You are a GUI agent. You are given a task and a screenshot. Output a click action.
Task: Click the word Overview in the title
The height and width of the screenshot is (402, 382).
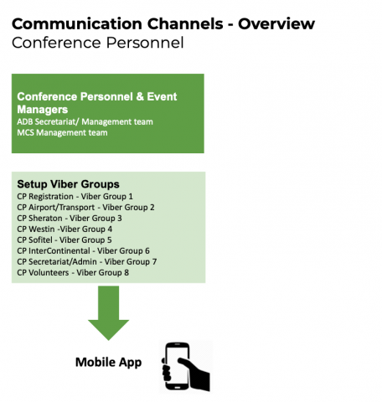[x=276, y=23]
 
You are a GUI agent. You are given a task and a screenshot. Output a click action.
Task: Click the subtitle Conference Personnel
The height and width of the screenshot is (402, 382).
[x=98, y=43]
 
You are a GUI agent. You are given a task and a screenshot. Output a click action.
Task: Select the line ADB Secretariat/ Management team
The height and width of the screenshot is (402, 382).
[x=85, y=121]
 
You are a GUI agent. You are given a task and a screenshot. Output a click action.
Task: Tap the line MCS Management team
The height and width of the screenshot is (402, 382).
[x=62, y=132]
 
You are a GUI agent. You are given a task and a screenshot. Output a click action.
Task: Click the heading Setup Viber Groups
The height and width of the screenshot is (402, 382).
[x=68, y=184]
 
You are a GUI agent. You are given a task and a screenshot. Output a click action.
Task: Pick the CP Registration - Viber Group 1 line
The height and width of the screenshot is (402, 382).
[x=75, y=197]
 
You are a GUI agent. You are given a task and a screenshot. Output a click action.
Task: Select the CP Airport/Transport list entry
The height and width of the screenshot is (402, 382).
[x=85, y=208]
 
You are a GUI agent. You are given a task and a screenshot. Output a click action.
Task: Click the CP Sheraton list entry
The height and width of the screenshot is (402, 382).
[x=70, y=219]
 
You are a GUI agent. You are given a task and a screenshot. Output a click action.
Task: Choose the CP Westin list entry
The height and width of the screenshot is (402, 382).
[x=65, y=229]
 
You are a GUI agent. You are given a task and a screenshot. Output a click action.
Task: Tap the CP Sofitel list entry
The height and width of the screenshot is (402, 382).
[x=65, y=240]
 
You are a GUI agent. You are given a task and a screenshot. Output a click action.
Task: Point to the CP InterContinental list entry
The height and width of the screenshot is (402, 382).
[x=83, y=251]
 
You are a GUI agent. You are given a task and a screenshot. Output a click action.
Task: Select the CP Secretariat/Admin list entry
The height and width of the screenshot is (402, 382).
[x=87, y=262]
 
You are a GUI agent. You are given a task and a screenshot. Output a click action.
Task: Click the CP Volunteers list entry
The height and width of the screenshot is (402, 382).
[x=73, y=273]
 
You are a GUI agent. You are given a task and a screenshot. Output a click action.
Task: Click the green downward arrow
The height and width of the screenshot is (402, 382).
[x=108, y=312]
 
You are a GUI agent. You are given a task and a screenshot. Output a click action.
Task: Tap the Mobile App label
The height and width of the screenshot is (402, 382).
[x=109, y=363]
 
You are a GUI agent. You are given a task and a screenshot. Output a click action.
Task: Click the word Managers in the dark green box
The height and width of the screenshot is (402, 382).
[x=43, y=110]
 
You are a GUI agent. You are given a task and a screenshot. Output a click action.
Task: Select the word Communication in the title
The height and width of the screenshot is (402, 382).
[x=77, y=23]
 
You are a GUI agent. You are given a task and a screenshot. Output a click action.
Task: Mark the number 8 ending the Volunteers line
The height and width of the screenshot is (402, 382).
[x=126, y=273]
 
